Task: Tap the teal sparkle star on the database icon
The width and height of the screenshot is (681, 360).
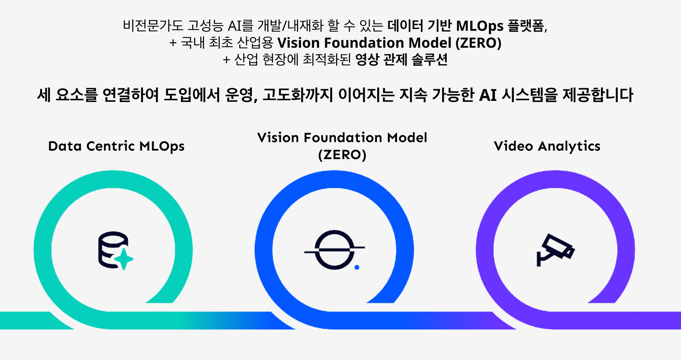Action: pos(124,259)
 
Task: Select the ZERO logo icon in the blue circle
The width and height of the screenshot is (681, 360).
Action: pos(334,250)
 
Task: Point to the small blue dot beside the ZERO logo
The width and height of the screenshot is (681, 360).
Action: pos(357,267)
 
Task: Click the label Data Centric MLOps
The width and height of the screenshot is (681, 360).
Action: pos(116,146)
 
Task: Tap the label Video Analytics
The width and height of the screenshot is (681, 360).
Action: pos(547,146)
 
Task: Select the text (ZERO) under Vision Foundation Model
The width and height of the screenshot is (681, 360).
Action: pos(342,155)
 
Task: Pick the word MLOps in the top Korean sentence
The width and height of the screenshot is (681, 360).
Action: pos(479,26)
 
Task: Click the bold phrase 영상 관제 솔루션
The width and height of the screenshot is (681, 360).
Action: pos(401,60)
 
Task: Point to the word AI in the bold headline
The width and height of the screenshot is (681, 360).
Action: pos(488,95)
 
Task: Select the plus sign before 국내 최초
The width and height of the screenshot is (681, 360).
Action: pos(173,43)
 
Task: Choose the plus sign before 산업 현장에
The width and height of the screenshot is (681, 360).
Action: pos(226,60)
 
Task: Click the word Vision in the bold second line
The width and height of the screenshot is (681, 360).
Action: pos(298,43)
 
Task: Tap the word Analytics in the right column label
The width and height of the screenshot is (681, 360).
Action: pos(569,146)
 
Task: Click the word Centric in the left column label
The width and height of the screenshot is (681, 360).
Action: pos(111,146)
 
